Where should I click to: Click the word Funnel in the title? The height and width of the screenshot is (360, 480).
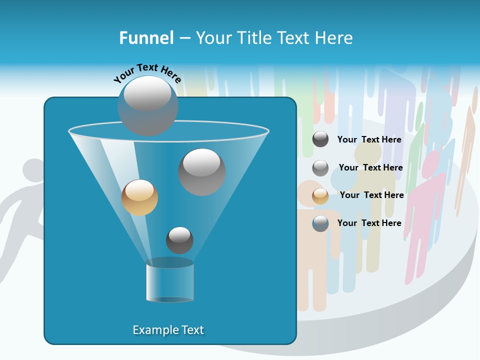[x=146, y=38]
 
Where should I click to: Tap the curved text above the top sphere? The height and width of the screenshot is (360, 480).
[x=147, y=73]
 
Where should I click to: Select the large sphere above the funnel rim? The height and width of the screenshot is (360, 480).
[x=147, y=105]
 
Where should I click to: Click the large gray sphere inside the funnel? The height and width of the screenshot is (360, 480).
[x=201, y=172]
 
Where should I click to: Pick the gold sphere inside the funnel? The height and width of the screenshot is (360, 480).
[x=139, y=197]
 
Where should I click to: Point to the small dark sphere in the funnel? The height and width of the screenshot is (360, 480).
[x=179, y=240]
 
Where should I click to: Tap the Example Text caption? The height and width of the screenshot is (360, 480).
[x=168, y=330]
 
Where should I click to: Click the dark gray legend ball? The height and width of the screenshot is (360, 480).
[x=320, y=139]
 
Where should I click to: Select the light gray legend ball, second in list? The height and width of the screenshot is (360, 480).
[x=320, y=168]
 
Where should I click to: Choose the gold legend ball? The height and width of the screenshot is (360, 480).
[x=320, y=195]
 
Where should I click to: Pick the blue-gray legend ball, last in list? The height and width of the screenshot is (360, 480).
[x=320, y=223]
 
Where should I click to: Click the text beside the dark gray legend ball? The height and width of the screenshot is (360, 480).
[x=369, y=139]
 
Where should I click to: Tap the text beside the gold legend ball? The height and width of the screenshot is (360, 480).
[x=371, y=195]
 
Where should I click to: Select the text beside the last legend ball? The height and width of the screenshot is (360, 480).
[x=369, y=223]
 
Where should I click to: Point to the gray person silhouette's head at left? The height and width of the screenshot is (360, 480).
[x=33, y=172]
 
